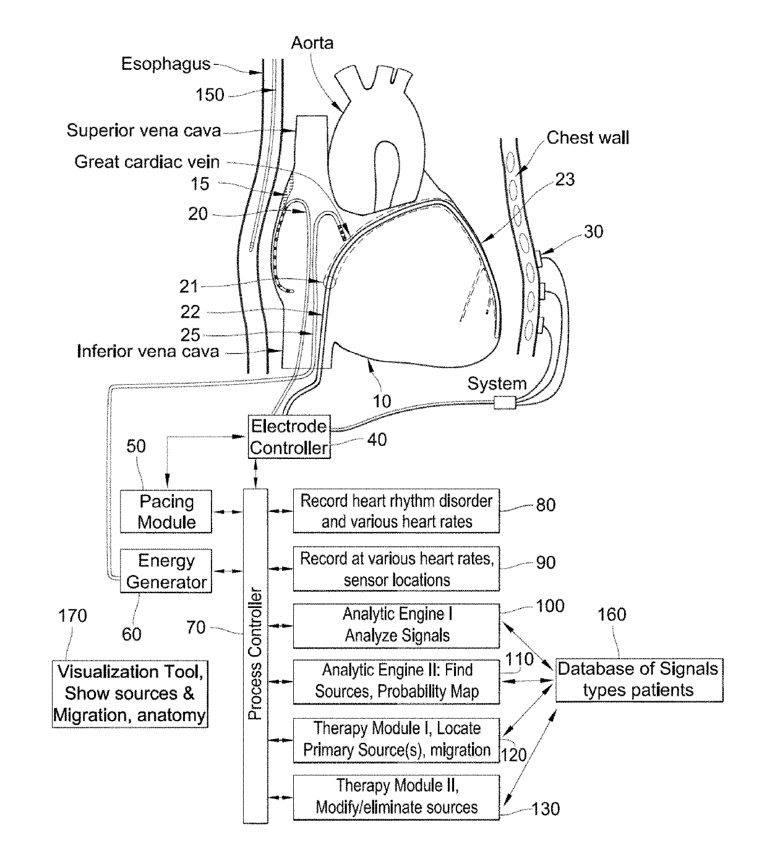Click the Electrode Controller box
click(289, 437)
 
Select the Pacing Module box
click(166, 511)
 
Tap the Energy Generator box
click(166, 571)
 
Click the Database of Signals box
click(638, 679)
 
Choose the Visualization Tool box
click(130, 693)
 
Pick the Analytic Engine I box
click(396, 625)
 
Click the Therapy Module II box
click(396, 797)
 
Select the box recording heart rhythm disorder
click(396, 511)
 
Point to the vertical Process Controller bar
click(255, 656)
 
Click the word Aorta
click(312, 43)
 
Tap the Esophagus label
click(165, 64)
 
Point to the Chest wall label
click(588, 137)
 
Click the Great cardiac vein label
click(147, 162)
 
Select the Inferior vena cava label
click(148, 351)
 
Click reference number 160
click(612, 614)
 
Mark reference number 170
click(72, 615)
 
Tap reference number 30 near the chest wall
click(593, 231)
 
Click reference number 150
click(210, 95)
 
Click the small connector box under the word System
click(505, 403)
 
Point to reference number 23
click(565, 179)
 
